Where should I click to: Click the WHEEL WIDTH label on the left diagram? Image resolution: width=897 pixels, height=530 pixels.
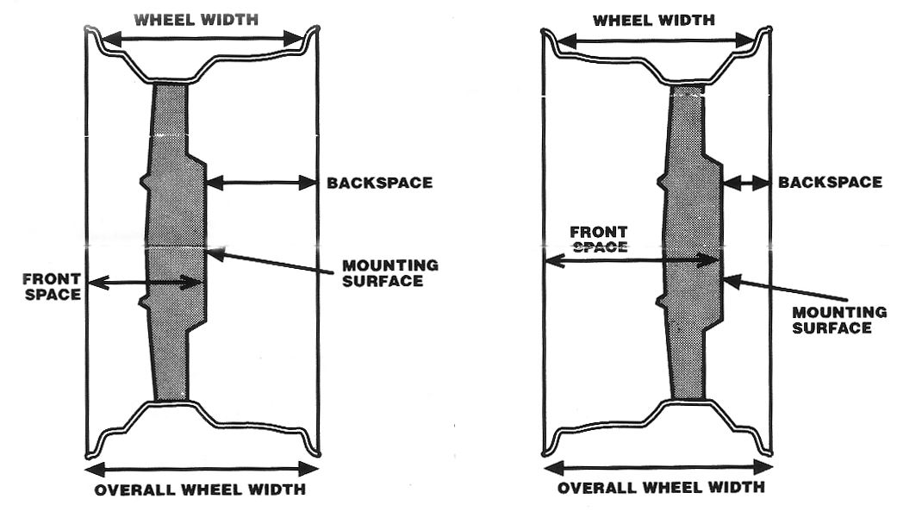pyautogui.click(x=196, y=20)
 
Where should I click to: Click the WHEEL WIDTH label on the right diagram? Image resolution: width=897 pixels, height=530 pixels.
pyautogui.click(x=654, y=20)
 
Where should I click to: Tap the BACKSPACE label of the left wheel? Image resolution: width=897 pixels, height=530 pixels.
pyautogui.click(x=379, y=183)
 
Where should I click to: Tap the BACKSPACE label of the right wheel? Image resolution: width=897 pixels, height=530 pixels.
pyautogui.click(x=830, y=182)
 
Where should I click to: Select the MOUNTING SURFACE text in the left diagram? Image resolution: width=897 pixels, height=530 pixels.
pyautogui.click(x=390, y=273)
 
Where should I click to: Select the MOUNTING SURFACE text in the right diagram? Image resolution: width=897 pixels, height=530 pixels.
pyautogui.click(x=839, y=320)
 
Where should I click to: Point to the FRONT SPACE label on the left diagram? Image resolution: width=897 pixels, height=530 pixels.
pyautogui.click(x=52, y=287)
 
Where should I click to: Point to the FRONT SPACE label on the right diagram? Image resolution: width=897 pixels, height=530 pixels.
pyautogui.click(x=598, y=240)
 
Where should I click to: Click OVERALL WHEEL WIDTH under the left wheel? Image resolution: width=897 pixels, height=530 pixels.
pyautogui.click(x=200, y=490)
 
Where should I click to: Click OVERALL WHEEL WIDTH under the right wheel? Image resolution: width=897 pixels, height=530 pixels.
pyautogui.click(x=661, y=488)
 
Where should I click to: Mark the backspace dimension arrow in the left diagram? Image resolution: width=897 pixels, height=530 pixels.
pyautogui.click(x=261, y=184)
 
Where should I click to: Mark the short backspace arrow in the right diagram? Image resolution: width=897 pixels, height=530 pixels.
pyautogui.click(x=746, y=184)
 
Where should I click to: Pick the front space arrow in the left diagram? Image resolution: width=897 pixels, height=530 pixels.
pyautogui.click(x=146, y=283)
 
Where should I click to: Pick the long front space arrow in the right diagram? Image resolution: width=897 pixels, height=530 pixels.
pyautogui.click(x=632, y=261)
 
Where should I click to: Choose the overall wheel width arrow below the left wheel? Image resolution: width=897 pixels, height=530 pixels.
pyautogui.click(x=202, y=470)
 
